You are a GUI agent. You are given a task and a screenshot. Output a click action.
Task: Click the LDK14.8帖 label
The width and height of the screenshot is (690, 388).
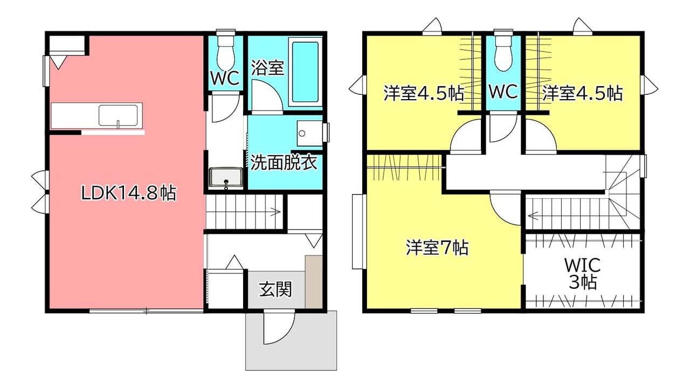point(128,193)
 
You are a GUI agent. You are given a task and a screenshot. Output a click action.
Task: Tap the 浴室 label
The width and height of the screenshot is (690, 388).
point(267,67)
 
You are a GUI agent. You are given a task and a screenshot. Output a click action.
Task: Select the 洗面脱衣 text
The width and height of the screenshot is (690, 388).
point(284,163)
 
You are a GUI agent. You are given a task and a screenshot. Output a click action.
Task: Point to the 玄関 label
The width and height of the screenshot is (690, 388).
point(275,289)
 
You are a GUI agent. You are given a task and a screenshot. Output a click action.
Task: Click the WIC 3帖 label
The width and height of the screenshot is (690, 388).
point(582,273)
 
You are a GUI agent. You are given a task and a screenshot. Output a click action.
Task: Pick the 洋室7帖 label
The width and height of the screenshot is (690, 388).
point(437,247)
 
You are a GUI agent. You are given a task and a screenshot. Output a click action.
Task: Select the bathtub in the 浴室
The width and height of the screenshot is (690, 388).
point(305,72)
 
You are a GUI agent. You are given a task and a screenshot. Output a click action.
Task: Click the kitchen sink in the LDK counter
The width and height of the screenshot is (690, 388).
point(118,115)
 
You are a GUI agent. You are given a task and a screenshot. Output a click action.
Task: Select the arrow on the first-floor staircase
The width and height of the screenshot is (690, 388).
point(275,212)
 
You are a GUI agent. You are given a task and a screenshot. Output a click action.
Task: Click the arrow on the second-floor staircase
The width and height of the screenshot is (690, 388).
point(533,215)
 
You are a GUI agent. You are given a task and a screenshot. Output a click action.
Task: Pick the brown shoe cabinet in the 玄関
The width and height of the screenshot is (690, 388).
point(314,281)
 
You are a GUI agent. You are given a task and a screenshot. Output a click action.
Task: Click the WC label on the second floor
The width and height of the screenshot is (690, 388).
point(503,92)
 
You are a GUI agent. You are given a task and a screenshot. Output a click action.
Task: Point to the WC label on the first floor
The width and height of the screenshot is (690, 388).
point(225,78)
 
